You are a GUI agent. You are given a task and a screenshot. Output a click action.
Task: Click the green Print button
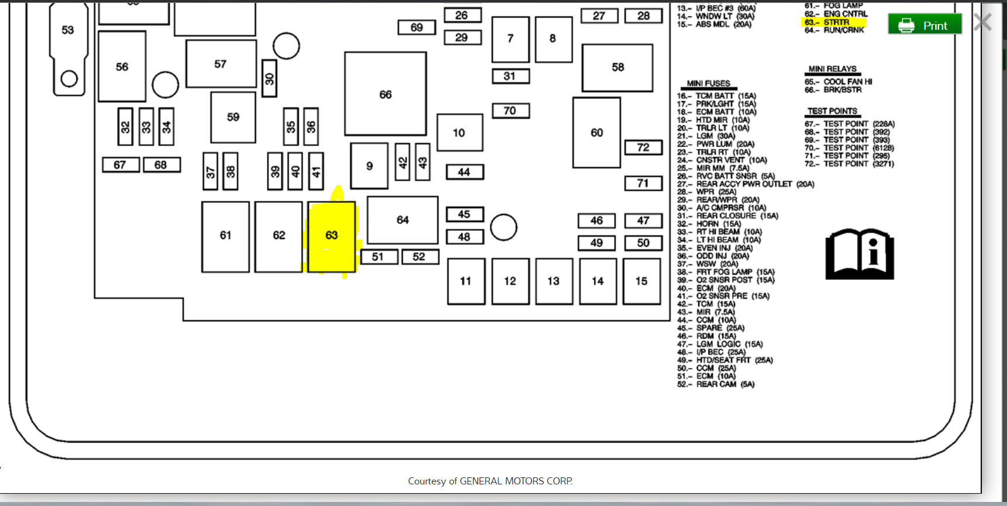[925, 25]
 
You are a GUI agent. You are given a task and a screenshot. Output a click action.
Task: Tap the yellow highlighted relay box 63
[332, 236]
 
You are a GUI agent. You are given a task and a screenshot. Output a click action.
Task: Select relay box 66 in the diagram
[385, 94]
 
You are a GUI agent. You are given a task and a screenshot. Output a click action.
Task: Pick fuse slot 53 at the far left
[68, 30]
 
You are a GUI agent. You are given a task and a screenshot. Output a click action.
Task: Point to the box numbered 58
[618, 67]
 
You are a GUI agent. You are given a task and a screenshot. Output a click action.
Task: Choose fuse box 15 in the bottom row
[642, 281]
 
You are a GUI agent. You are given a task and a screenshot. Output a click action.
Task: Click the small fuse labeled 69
[416, 27]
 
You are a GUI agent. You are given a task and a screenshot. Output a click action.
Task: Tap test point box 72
[643, 147]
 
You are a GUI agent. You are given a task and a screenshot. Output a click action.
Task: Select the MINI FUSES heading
[709, 84]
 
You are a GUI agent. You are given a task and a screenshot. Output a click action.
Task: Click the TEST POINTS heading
[832, 111]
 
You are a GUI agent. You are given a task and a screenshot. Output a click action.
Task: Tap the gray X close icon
[982, 22]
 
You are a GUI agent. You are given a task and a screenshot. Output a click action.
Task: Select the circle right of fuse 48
[503, 227]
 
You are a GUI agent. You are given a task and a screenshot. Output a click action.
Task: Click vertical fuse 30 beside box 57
[270, 78]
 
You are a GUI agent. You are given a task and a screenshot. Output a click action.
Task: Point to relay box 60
[596, 133]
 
